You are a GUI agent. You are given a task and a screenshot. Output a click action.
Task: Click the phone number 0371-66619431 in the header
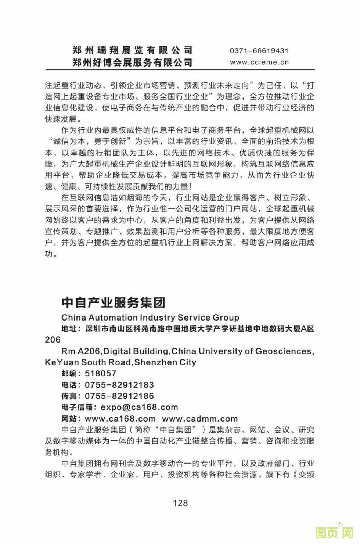click(259, 51)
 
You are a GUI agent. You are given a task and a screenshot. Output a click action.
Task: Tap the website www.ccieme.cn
click(259, 62)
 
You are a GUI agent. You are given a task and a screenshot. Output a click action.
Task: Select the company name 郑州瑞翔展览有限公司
click(132, 50)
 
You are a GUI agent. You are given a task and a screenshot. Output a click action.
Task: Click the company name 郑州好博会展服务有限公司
click(132, 62)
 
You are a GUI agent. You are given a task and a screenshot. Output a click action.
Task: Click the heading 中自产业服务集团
click(114, 303)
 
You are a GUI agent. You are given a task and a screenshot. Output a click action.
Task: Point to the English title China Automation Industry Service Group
click(150, 318)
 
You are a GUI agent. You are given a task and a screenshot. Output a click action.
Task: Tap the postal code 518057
click(100, 373)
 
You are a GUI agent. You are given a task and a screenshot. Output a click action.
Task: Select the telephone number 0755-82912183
click(119, 385)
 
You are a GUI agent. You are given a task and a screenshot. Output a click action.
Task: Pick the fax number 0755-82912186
click(119, 396)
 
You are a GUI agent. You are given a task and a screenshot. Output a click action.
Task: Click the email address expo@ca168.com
click(139, 407)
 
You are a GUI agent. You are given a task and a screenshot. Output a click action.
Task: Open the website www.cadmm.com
click(199, 419)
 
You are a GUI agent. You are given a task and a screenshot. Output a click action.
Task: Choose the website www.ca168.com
click(120, 419)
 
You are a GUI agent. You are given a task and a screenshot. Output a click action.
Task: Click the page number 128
click(180, 503)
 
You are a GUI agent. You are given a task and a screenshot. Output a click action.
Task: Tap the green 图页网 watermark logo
click(334, 533)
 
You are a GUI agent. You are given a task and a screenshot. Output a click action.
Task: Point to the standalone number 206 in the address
click(53, 340)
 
